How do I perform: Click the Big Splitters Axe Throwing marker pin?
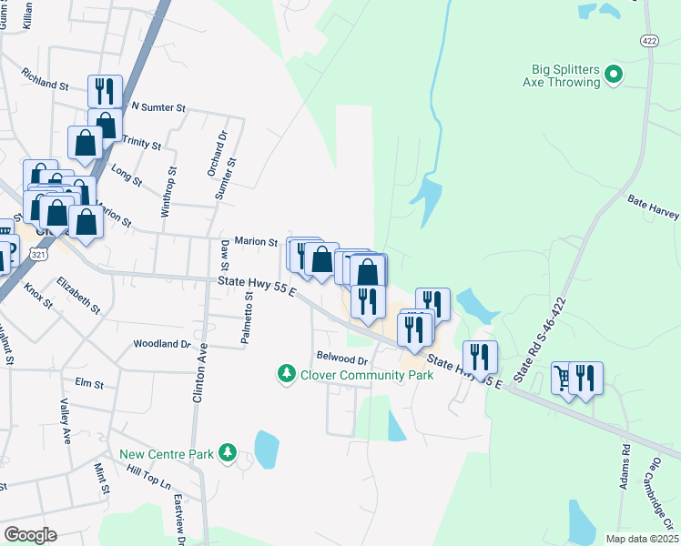[x=614, y=74]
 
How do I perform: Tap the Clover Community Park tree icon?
[x=287, y=374]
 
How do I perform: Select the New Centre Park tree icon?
[x=227, y=452]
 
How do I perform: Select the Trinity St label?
[x=141, y=143]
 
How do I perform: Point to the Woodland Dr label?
[x=161, y=344]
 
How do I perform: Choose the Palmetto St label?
[x=246, y=318]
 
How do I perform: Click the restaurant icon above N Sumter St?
[x=105, y=90]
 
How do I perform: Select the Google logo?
[x=30, y=535]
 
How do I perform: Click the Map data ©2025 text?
[x=642, y=539]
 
